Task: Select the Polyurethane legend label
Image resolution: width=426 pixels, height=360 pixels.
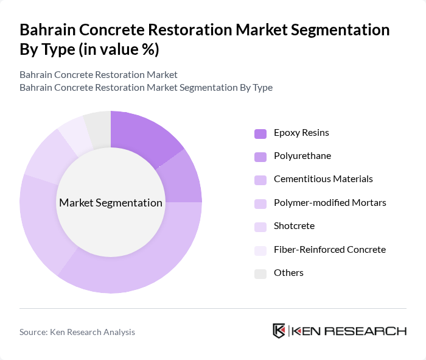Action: [x=302, y=156]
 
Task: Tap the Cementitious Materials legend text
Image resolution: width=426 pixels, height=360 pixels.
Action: [x=323, y=179]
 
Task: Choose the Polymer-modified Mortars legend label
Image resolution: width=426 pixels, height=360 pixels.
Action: [x=330, y=202]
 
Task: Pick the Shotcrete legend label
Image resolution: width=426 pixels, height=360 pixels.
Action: [x=294, y=226]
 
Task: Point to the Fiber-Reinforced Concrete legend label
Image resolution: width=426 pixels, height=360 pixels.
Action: [x=329, y=249]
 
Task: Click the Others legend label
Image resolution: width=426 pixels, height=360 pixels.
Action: [x=288, y=272]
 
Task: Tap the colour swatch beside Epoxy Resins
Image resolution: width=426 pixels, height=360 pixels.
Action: [x=260, y=133]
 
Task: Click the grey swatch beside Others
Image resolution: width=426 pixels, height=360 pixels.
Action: [x=260, y=273]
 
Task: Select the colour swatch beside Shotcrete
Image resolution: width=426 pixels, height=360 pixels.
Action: [x=260, y=227]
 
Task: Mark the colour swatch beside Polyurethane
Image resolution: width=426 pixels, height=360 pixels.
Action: [x=260, y=157]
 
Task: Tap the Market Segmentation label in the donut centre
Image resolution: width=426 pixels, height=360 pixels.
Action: [x=111, y=203]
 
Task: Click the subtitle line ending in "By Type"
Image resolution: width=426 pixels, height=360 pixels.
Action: [x=146, y=87]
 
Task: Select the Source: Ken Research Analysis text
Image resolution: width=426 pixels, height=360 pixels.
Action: [x=77, y=332]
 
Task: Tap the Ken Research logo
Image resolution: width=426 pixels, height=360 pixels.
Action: [x=340, y=331]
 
